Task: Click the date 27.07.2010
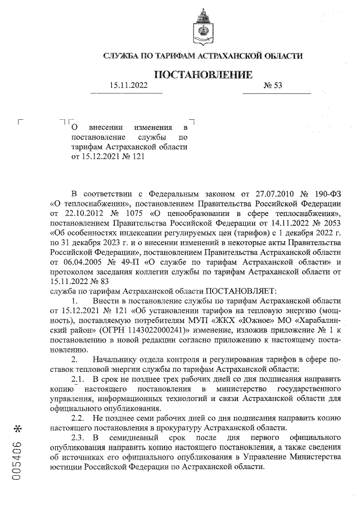pyautogui.click(x=267, y=195)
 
